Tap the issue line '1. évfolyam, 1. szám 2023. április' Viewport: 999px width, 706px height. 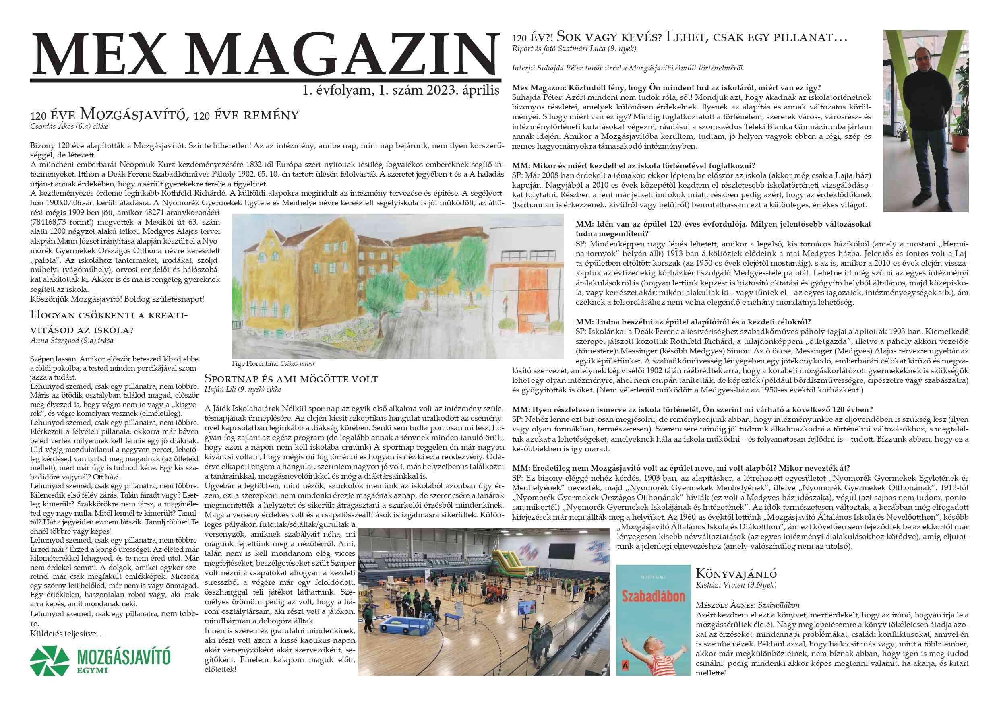coord(401,91)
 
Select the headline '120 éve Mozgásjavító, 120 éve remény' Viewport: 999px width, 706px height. coord(164,115)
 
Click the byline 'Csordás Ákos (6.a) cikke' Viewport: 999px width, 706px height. coord(69,126)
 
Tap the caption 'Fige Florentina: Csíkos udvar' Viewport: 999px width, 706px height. coord(273,363)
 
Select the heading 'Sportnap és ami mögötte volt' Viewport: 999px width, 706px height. coord(291,379)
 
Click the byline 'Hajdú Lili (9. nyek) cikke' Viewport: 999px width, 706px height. coord(242,389)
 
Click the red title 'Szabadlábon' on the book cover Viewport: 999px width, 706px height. coord(653,596)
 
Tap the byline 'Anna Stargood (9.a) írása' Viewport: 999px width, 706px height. coord(72,341)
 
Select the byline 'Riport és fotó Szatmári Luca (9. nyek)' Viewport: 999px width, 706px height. coord(574,49)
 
